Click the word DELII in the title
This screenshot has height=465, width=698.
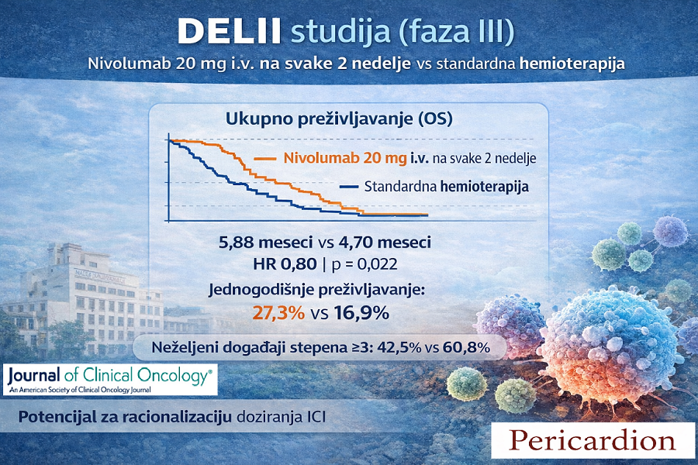tap(230, 31)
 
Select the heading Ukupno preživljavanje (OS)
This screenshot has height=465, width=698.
tap(339, 119)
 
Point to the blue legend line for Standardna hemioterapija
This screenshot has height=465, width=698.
tap(349, 187)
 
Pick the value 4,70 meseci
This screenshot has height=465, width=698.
tap(385, 243)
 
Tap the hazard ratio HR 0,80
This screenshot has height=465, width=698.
tap(285, 263)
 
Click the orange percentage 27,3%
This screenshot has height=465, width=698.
tap(278, 313)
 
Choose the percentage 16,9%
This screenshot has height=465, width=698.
tap(361, 313)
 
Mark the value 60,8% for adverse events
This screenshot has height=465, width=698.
tap(467, 347)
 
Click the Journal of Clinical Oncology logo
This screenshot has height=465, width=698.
tap(110, 380)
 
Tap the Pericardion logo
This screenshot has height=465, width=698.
tap(593, 440)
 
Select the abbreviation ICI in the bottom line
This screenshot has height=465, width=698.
tap(316, 418)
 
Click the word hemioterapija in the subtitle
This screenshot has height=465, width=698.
tap(572, 64)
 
